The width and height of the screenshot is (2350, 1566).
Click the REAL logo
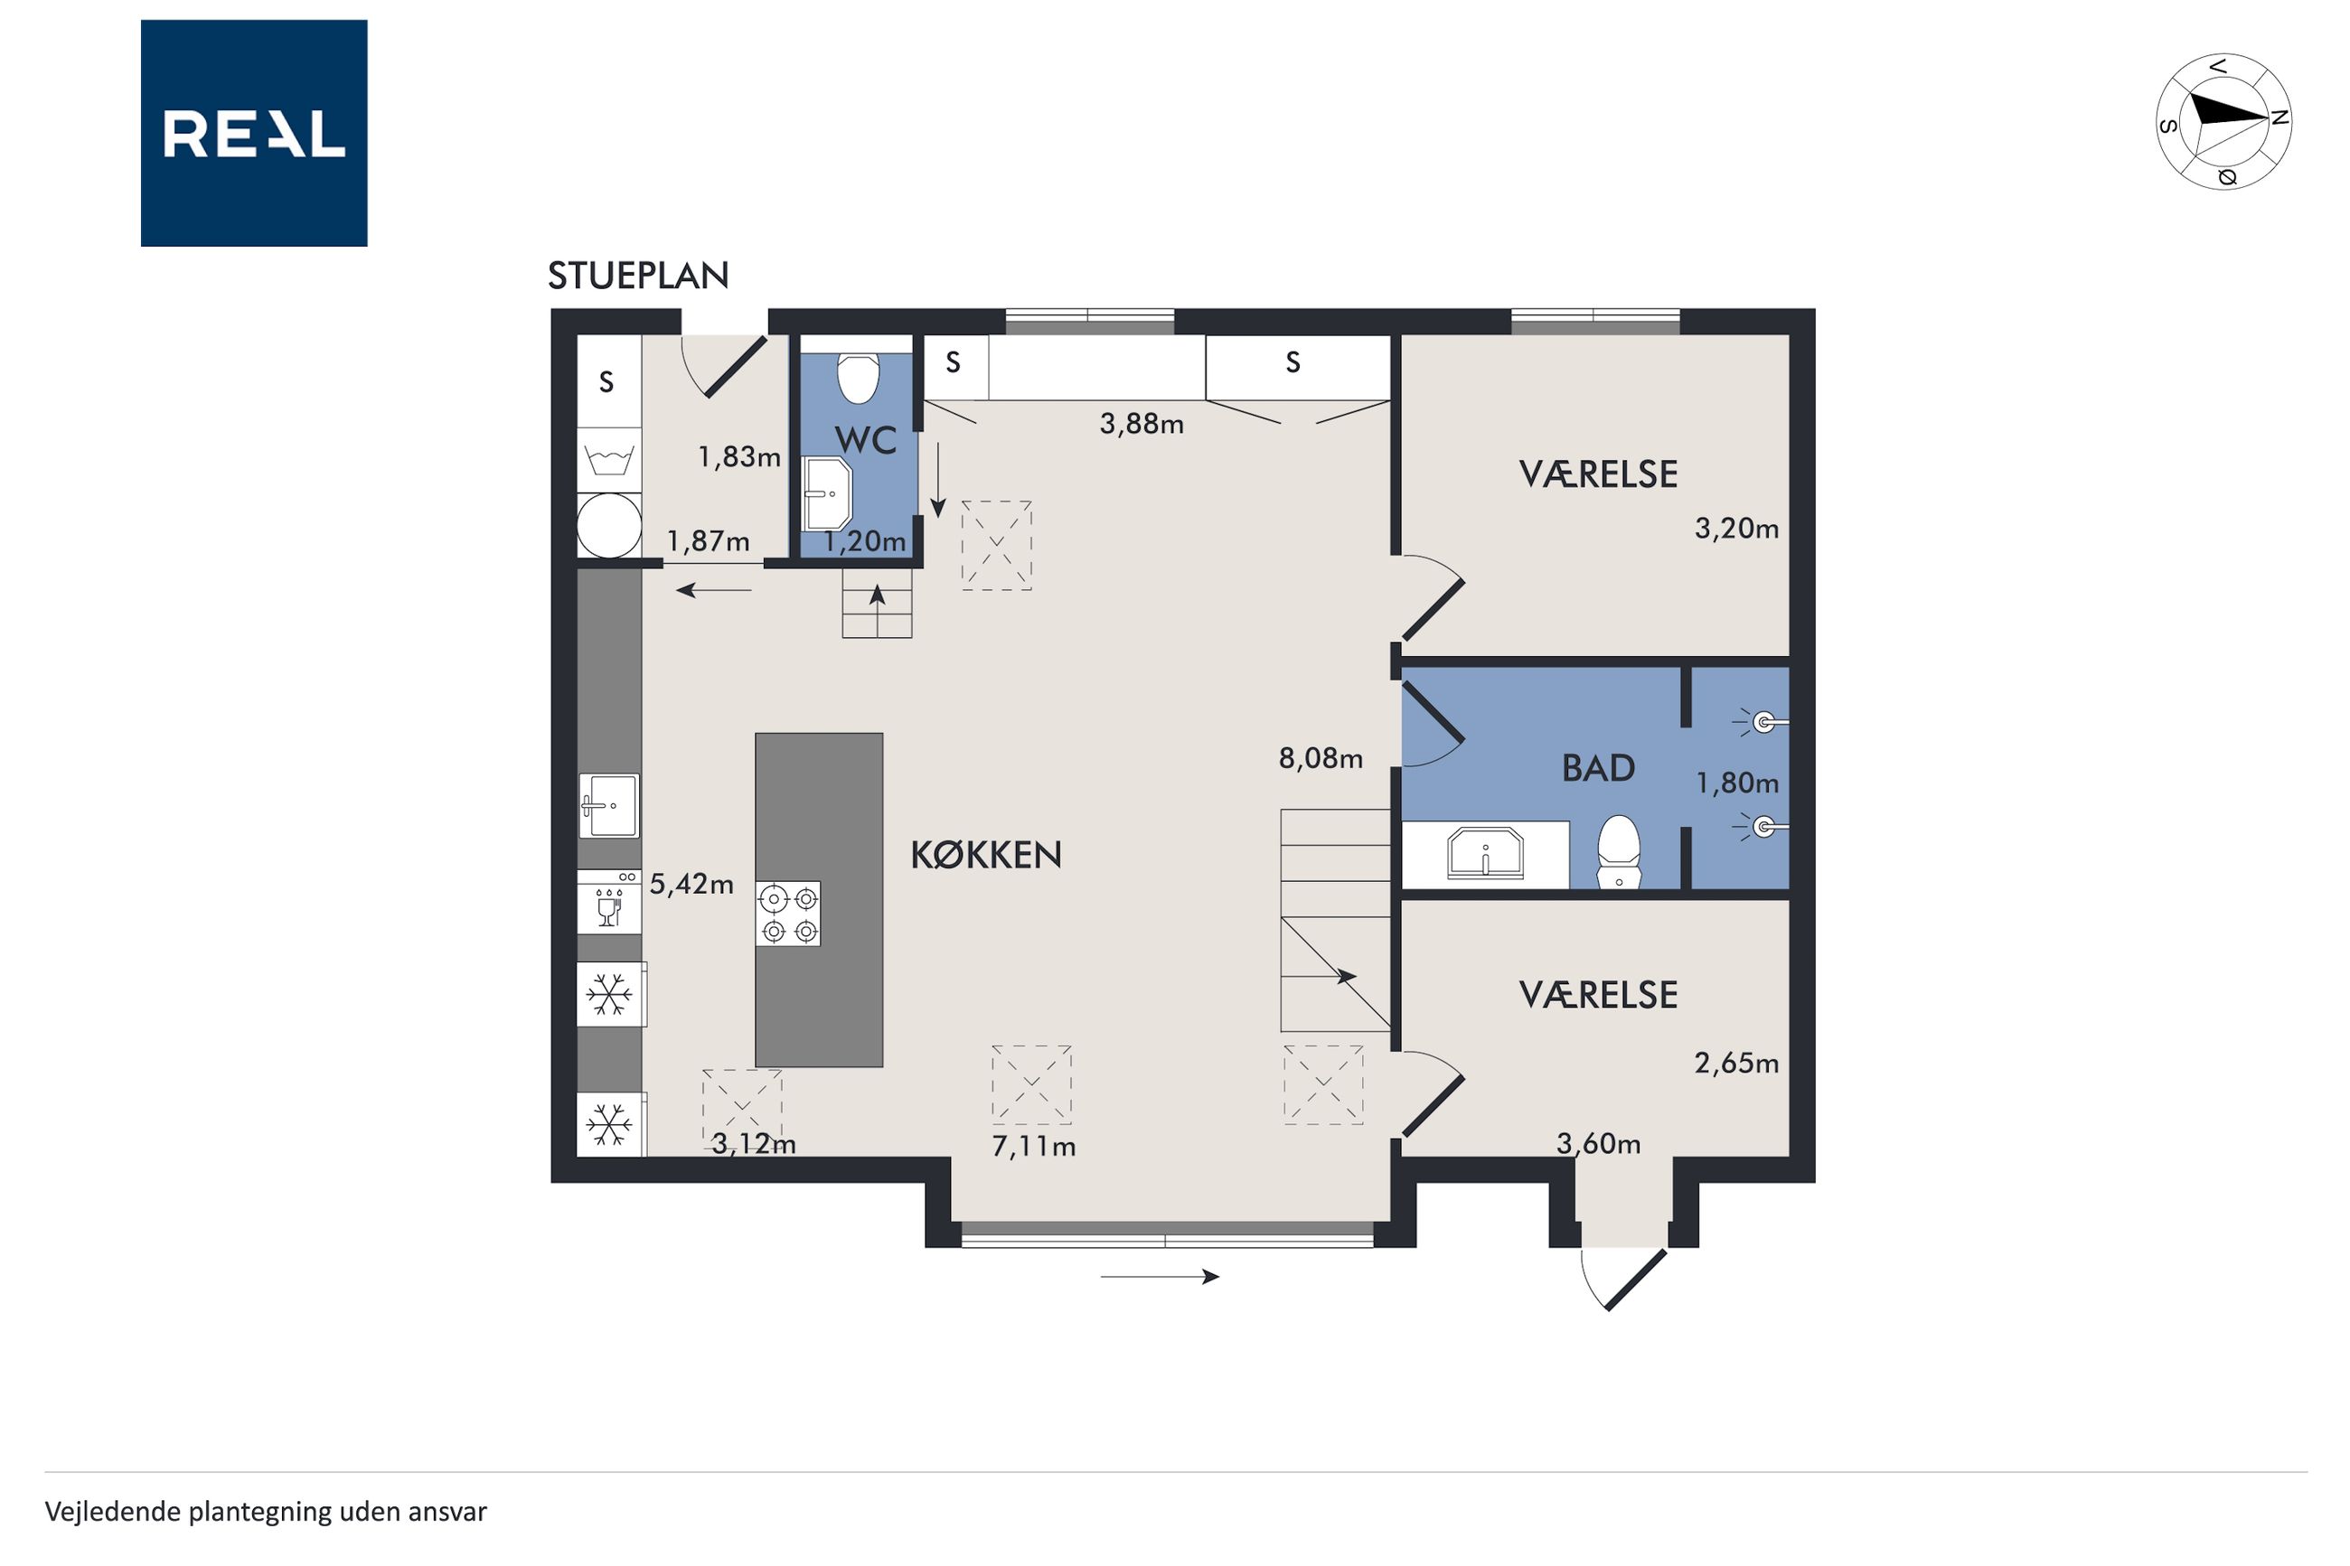[x=254, y=133]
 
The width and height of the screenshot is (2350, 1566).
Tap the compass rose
[x=2223, y=121]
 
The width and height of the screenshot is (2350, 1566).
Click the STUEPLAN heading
[x=638, y=276]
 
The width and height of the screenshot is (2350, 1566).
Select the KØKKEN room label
[x=986, y=855]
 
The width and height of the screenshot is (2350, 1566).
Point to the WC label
[x=865, y=440]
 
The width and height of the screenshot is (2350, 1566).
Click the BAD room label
[x=1598, y=768]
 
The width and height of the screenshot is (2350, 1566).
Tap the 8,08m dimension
[x=1321, y=759]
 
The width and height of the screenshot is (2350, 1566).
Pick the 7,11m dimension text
[x=1034, y=1147]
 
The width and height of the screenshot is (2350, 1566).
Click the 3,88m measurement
[x=1142, y=425]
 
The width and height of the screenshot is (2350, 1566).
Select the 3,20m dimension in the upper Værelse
[x=1735, y=529]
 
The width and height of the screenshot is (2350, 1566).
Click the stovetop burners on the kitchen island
[x=788, y=914]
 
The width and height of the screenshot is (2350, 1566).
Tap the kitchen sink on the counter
[x=609, y=806]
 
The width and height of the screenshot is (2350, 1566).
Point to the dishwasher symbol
[x=609, y=902]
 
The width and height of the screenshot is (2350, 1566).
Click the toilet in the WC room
[x=857, y=378]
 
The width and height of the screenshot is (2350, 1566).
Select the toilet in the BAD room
[x=1619, y=852]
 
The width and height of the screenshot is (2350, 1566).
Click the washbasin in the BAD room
[x=1485, y=854]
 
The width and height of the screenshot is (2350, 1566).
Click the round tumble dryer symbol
[x=609, y=525]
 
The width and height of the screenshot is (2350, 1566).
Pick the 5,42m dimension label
[x=691, y=885]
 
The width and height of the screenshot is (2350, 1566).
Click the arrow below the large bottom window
[x=1160, y=1276]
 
